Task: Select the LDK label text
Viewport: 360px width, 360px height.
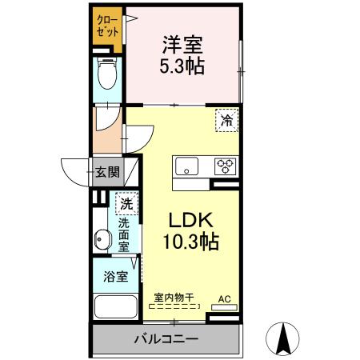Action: click(x=186, y=218)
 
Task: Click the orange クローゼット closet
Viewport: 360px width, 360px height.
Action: click(x=106, y=29)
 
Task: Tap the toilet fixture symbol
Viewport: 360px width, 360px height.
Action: click(x=106, y=74)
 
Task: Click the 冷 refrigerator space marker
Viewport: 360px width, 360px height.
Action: click(x=227, y=121)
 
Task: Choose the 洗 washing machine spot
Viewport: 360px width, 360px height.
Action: click(x=126, y=205)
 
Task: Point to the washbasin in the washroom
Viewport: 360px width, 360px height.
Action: click(x=102, y=238)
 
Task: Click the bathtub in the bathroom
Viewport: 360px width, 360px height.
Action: click(x=113, y=307)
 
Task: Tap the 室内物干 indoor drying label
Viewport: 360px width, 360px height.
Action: click(x=173, y=298)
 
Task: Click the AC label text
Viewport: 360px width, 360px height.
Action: click(x=225, y=299)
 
